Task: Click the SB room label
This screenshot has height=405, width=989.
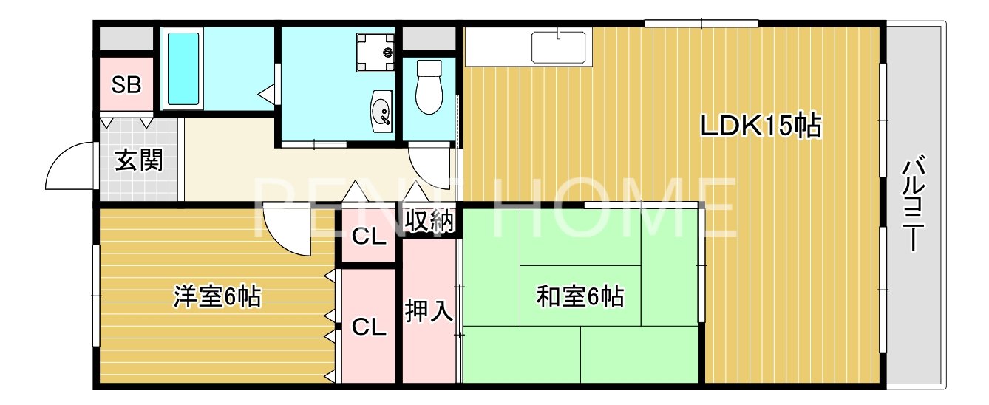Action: click(126, 85)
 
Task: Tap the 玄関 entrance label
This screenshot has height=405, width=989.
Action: click(138, 160)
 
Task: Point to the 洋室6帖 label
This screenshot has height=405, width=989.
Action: click(216, 297)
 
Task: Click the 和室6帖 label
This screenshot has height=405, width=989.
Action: click(580, 297)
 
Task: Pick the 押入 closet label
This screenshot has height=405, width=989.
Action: click(429, 311)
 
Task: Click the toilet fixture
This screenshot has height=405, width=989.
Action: click(428, 86)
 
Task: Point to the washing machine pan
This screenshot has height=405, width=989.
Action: click(376, 52)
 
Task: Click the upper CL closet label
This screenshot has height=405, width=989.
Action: click(368, 237)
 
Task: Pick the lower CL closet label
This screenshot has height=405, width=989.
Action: click(368, 327)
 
